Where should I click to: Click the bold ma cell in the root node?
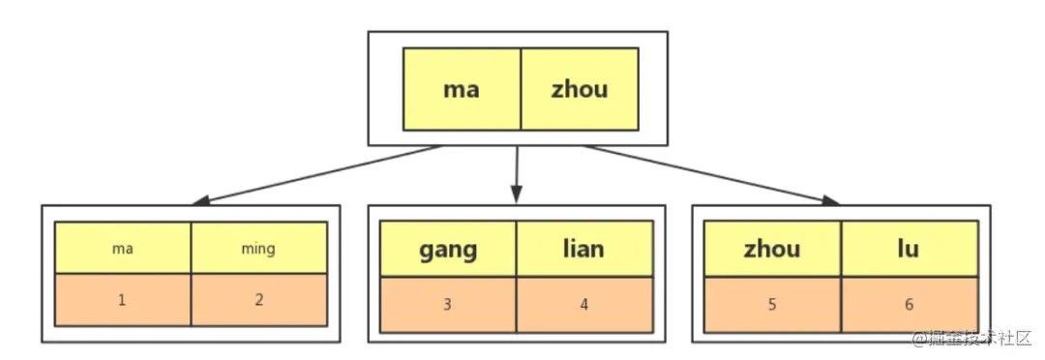pos(462,89)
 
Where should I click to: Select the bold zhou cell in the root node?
pos(580,89)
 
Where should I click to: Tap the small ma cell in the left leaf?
pos(122,249)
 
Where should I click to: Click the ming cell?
pos(258,249)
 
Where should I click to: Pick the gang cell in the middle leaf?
pos(447,250)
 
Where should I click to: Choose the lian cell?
pos(582,250)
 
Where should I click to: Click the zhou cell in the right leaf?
pos(772,250)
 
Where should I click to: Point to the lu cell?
pos(908,250)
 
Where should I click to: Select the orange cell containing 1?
pos(122,300)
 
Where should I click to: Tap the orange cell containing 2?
pos(258,300)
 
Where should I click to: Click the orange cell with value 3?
pos(447,304)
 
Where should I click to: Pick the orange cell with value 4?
pos(582,304)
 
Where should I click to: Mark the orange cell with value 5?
pos(772,304)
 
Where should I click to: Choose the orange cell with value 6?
pos(908,304)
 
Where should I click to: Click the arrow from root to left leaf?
pos(319,174)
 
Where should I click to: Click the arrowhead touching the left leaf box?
pos(201,201)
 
